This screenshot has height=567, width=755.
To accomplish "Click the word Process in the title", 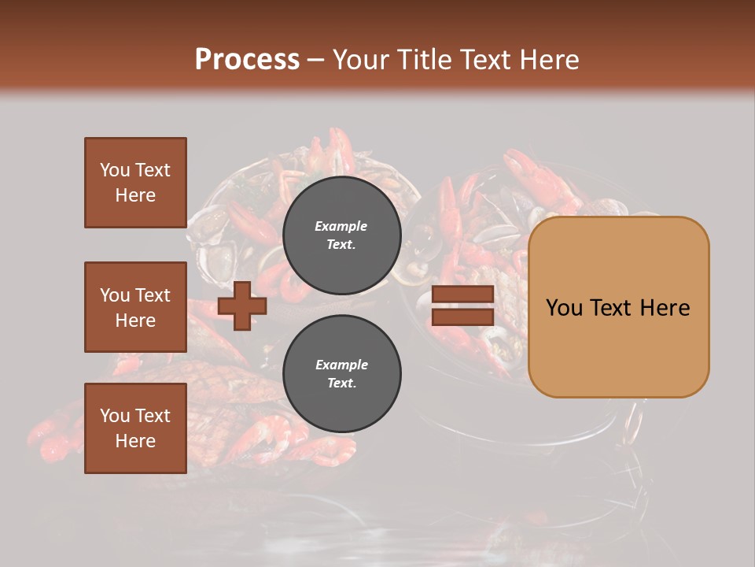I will tap(247, 60).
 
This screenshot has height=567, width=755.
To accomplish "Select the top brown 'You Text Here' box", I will tap(135, 183).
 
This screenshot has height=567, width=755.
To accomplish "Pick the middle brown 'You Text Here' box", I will tap(135, 307).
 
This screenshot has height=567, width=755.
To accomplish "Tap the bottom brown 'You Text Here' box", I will tap(135, 428).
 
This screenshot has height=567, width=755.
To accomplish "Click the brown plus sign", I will tap(242, 306).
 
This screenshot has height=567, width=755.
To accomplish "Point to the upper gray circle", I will tap(341, 235).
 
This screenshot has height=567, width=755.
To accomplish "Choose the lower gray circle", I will tap(341, 373).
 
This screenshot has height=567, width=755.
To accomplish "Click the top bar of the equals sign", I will tap(463, 295).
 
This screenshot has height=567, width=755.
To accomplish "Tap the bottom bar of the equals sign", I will tap(463, 317).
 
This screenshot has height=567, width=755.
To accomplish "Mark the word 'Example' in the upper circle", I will tap(341, 226).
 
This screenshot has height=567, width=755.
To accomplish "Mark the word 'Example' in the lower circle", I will tap(341, 365).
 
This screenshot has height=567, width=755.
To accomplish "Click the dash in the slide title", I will tap(315, 61).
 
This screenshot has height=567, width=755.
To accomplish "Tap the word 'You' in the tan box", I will tap(565, 307).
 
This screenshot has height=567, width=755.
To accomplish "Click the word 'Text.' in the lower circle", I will tap(341, 383).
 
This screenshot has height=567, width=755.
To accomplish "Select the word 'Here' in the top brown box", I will tap(135, 195).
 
